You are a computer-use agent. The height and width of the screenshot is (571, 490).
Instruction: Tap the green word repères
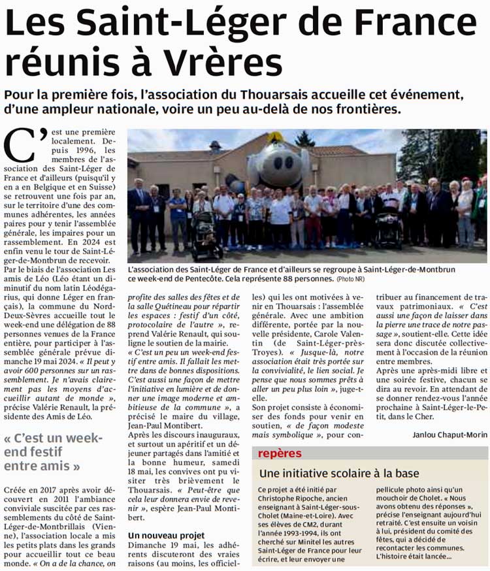(280, 453)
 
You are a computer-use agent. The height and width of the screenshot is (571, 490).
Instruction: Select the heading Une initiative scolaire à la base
(339, 473)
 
